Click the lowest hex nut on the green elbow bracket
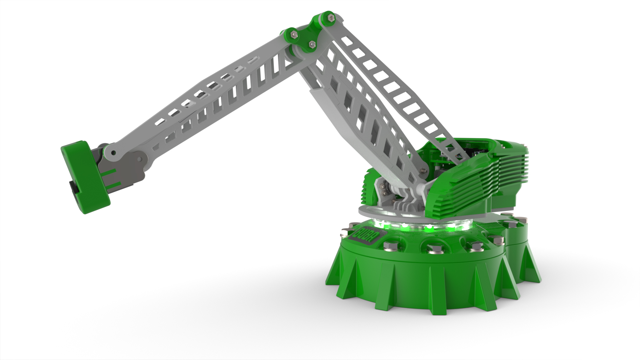click(x=312, y=44)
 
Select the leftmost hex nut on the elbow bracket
click(x=294, y=33)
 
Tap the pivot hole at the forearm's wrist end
click(x=114, y=153)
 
